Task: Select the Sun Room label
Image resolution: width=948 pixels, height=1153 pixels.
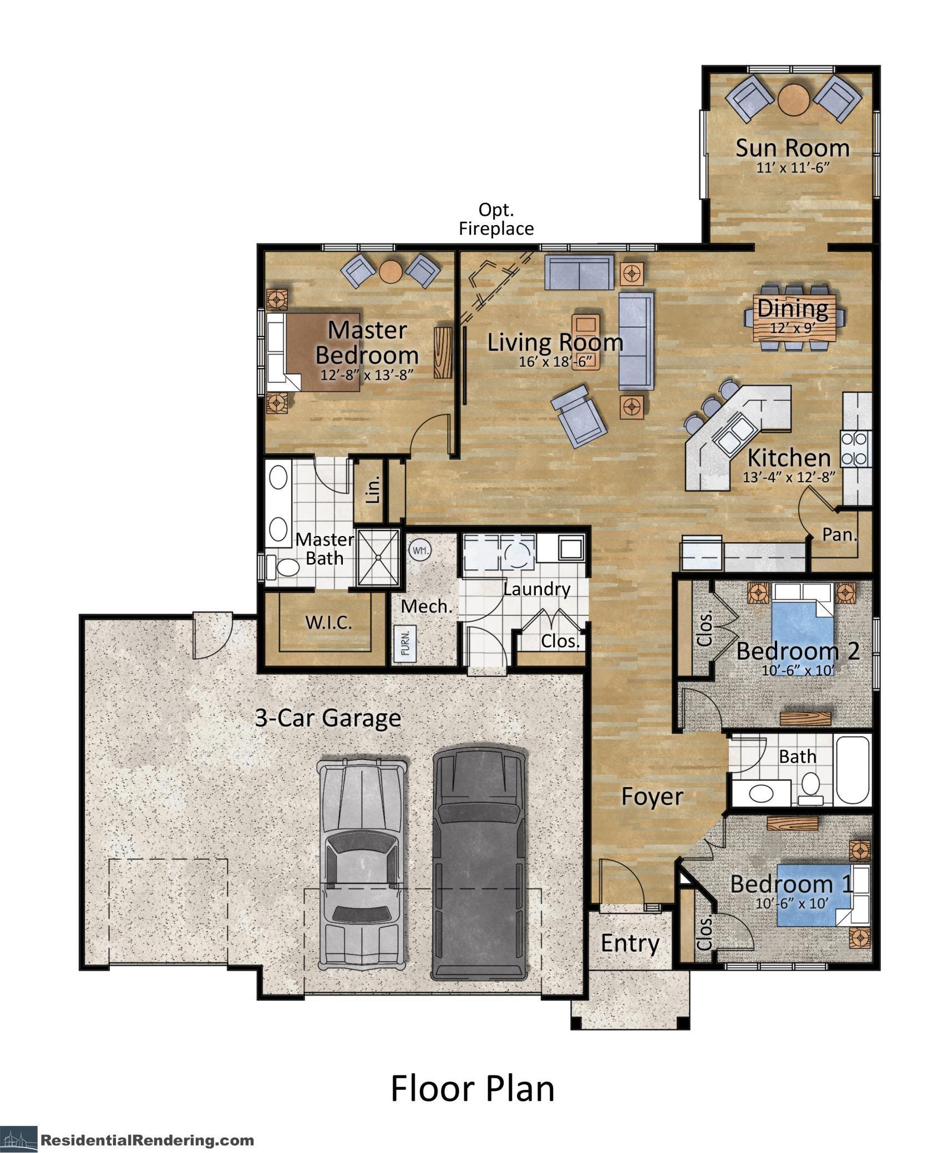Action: coord(792,148)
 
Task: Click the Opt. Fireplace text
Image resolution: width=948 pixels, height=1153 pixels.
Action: coord(495,219)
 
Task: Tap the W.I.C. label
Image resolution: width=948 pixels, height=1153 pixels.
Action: coord(328,622)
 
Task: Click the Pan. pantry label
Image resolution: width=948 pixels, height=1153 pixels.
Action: coord(840,535)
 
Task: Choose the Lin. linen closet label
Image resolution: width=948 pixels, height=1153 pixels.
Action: coord(374,489)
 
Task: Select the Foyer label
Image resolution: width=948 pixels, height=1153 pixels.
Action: coord(652,797)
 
